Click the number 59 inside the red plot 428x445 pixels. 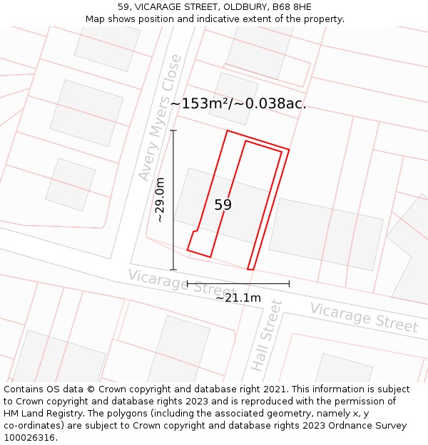(223, 205)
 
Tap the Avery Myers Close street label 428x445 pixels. (160, 118)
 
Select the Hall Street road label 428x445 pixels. (267, 335)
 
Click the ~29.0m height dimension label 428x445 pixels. (160, 200)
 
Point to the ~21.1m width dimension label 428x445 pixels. (238, 298)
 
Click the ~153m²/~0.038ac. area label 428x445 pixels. (238, 103)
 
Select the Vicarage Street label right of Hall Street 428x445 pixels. (363, 318)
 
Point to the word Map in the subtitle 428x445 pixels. (95, 19)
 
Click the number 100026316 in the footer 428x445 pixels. (29, 438)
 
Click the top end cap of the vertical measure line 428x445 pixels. (173, 130)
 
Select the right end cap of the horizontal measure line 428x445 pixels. (289, 283)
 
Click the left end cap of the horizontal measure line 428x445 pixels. (187, 283)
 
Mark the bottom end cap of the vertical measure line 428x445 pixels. (173, 270)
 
